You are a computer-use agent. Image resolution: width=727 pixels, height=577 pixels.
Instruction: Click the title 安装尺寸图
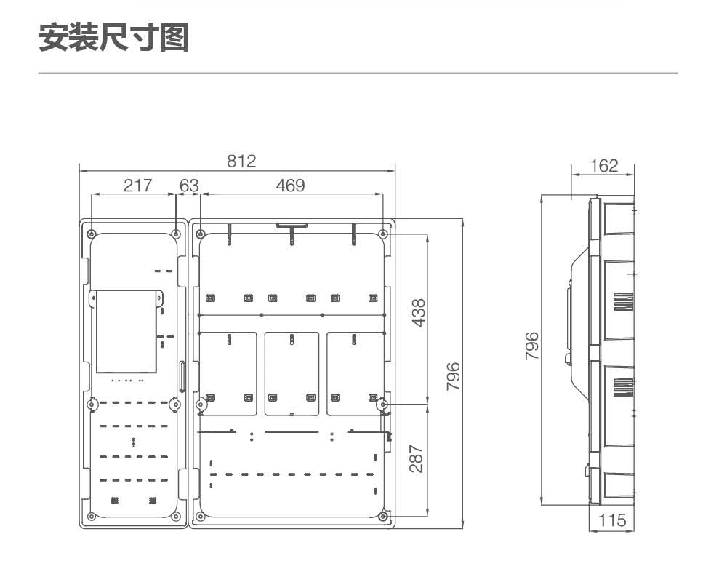(x=113, y=38)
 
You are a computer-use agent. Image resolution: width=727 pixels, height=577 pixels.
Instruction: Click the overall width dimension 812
(x=241, y=161)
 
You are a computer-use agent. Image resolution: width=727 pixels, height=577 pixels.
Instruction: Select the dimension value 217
(x=137, y=186)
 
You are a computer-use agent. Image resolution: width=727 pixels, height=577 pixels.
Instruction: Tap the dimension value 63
(x=189, y=186)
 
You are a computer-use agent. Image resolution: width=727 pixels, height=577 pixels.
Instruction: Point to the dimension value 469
(x=290, y=186)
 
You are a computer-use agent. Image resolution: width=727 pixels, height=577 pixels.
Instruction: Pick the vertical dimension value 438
(x=418, y=313)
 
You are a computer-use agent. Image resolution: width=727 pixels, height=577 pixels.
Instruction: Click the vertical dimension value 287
(x=416, y=458)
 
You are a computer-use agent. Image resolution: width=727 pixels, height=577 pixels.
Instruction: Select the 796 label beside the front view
(x=453, y=376)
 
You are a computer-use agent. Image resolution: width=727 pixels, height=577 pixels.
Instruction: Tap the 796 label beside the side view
(x=532, y=346)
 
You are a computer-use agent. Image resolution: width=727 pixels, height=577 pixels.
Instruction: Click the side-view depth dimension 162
(x=604, y=166)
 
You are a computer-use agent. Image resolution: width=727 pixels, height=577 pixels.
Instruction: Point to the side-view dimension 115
(x=612, y=520)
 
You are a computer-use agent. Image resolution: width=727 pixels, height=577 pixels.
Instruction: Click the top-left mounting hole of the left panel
(x=92, y=234)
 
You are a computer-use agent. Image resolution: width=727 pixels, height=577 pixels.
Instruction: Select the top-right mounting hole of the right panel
(x=383, y=234)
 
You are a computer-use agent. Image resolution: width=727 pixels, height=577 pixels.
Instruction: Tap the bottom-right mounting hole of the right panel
(x=383, y=516)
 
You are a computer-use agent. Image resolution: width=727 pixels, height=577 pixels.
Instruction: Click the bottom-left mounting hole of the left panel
(x=92, y=516)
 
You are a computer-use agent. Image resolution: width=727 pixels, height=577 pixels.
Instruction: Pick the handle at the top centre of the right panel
(x=292, y=226)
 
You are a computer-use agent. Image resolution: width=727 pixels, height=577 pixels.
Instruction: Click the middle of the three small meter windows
(x=292, y=374)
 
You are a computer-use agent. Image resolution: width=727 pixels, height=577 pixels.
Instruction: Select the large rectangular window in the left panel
(x=126, y=332)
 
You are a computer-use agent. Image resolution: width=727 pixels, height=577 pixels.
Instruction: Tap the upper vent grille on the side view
(x=623, y=302)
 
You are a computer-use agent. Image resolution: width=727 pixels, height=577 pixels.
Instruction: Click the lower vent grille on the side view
(x=623, y=388)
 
